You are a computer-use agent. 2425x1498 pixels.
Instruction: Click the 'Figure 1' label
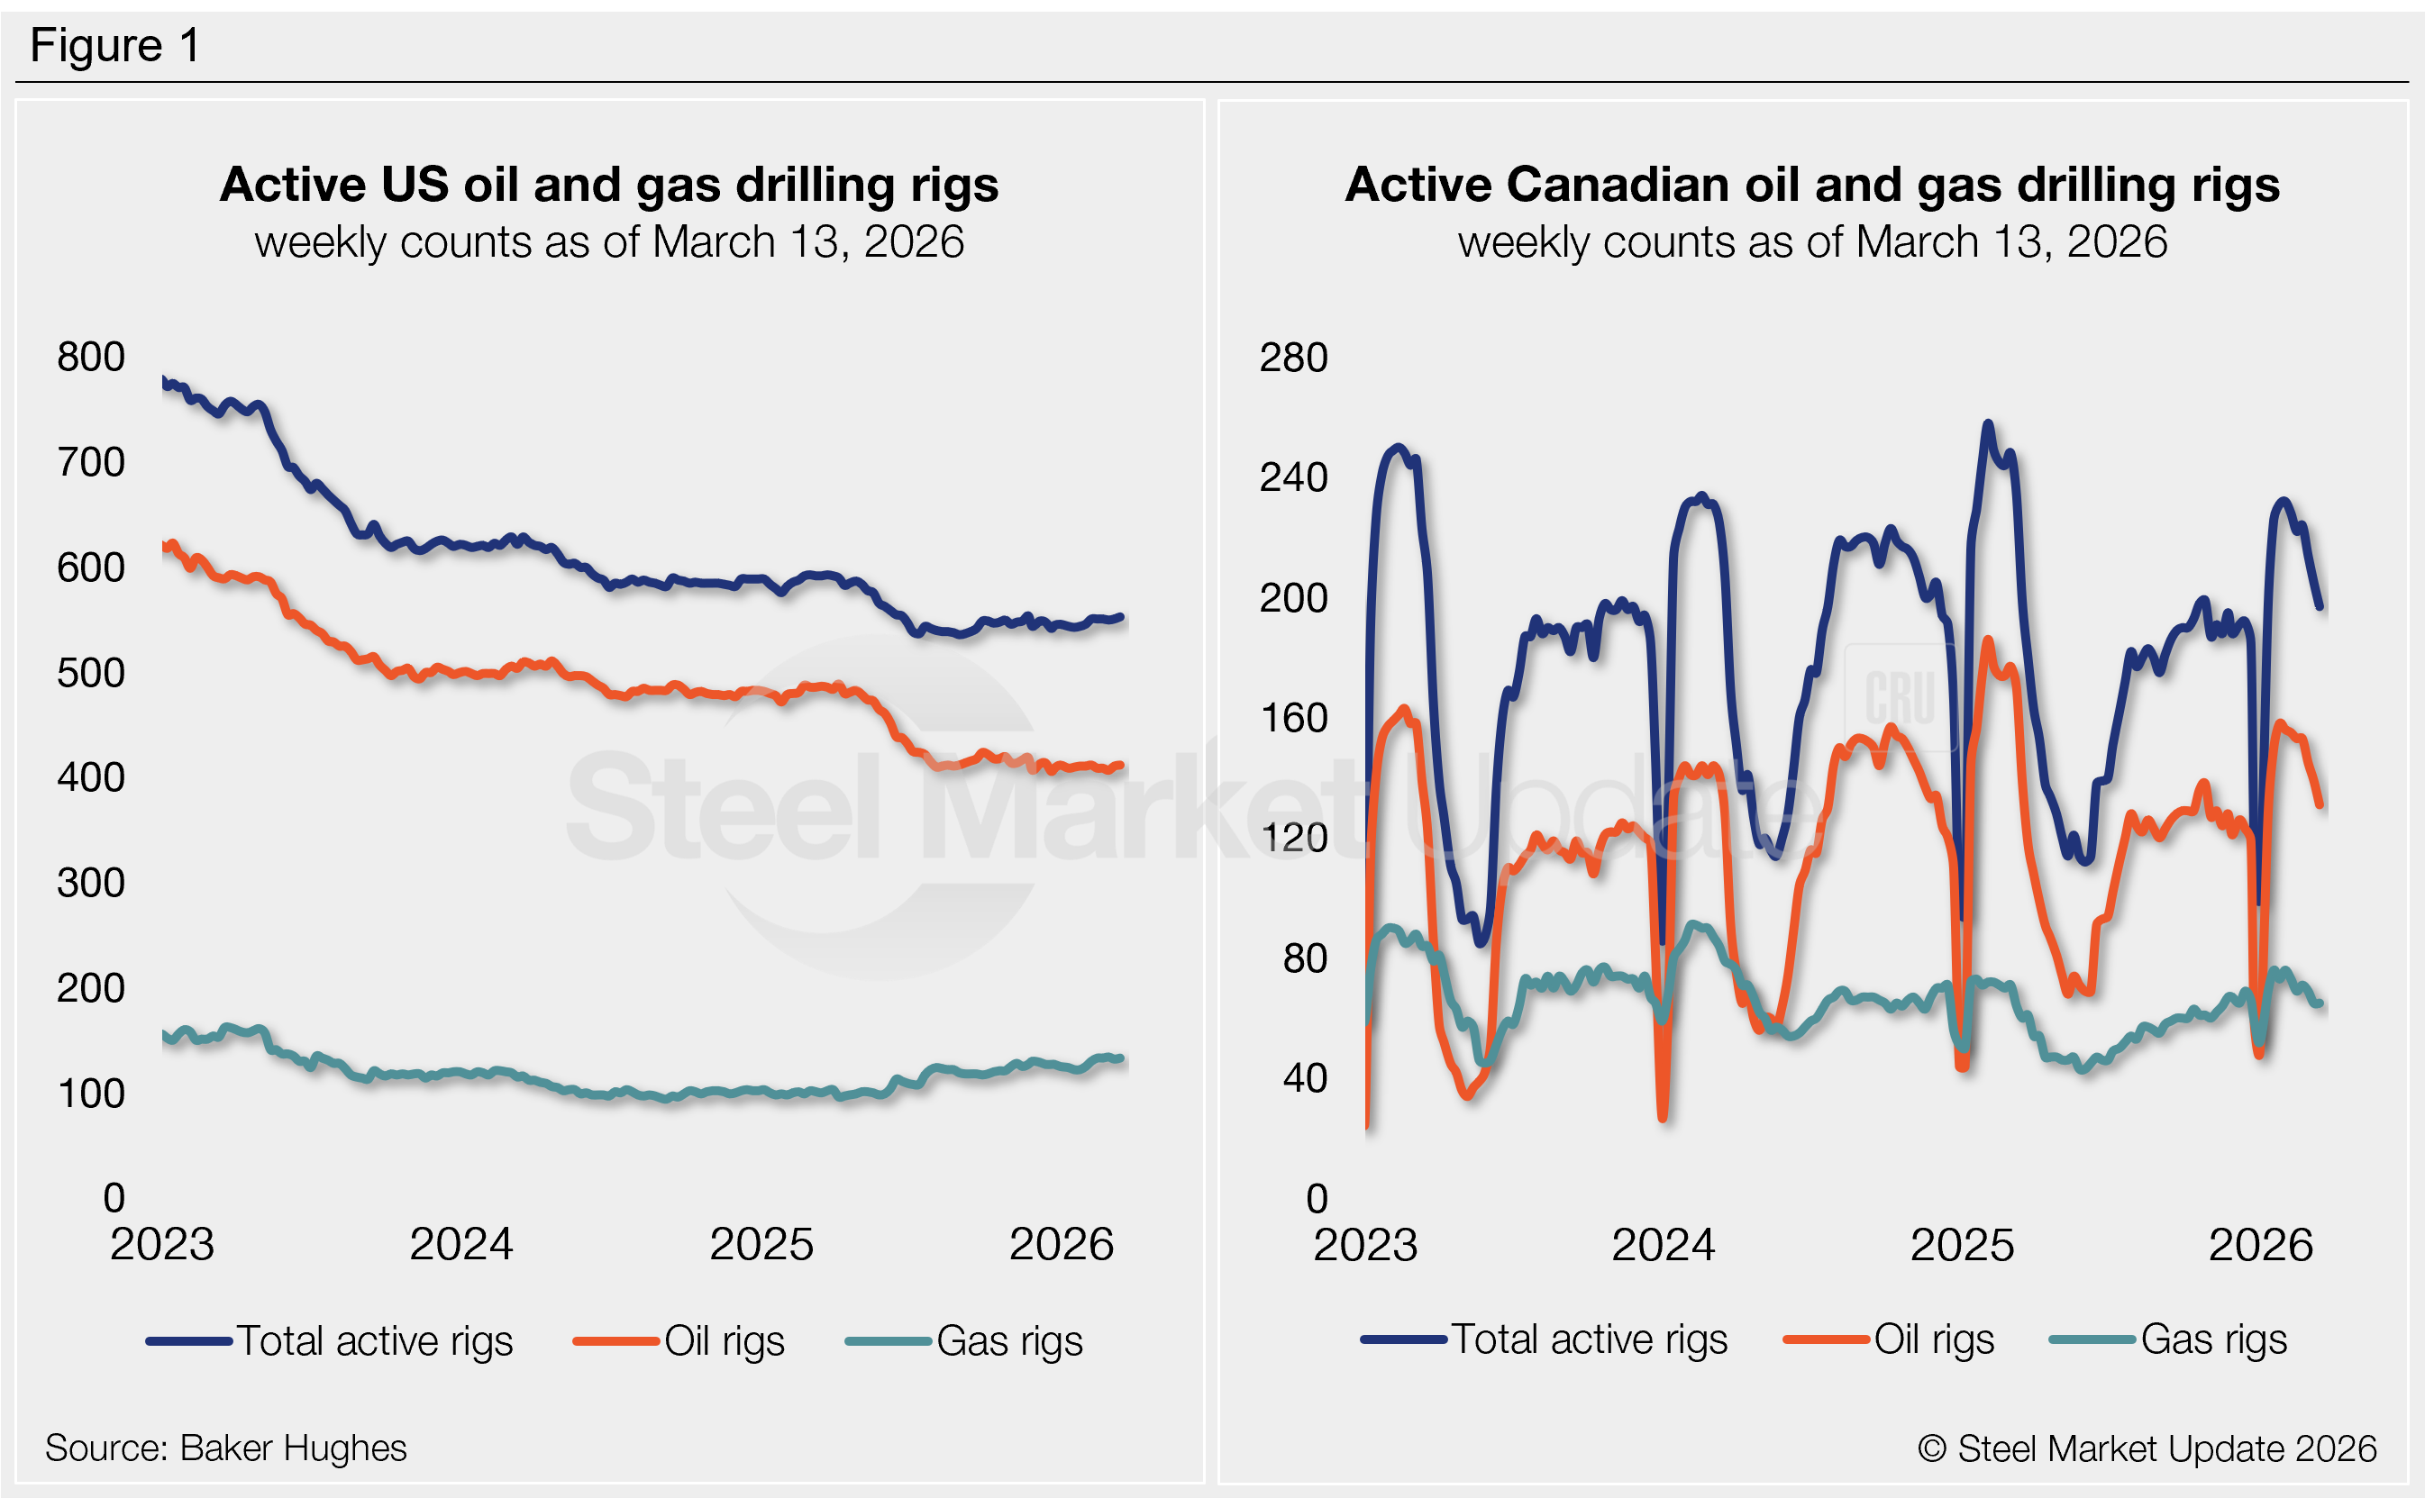tap(115, 46)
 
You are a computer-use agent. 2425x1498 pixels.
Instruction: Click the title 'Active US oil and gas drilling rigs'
tap(608, 185)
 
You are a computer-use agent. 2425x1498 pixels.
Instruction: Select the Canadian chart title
tap(1811, 185)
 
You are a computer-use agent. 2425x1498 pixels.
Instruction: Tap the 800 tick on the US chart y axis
tap(91, 357)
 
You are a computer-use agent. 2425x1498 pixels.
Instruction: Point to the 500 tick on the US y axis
tap(91, 673)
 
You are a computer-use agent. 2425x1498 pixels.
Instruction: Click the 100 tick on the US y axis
tap(91, 1093)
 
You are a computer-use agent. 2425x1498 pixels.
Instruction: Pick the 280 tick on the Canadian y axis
tap(1293, 358)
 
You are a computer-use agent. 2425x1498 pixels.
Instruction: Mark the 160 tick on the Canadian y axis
tap(1293, 717)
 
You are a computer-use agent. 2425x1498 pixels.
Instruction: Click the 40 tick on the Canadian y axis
tap(1304, 1078)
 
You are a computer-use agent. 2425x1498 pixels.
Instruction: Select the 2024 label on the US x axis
tap(460, 1244)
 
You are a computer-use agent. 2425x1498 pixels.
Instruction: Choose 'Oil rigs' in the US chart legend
tap(724, 1340)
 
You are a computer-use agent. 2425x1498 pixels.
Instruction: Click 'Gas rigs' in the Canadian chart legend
tap(2213, 1339)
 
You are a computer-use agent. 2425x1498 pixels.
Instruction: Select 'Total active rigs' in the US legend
tap(375, 1340)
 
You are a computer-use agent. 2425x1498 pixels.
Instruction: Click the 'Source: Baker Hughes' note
tap(226, 1448)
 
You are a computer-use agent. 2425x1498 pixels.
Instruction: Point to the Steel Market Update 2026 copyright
tap(2147, 1448)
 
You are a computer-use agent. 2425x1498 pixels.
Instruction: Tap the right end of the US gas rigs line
tap(1121, 1059)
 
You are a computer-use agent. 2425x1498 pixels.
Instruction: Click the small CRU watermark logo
tap(1899, 696)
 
